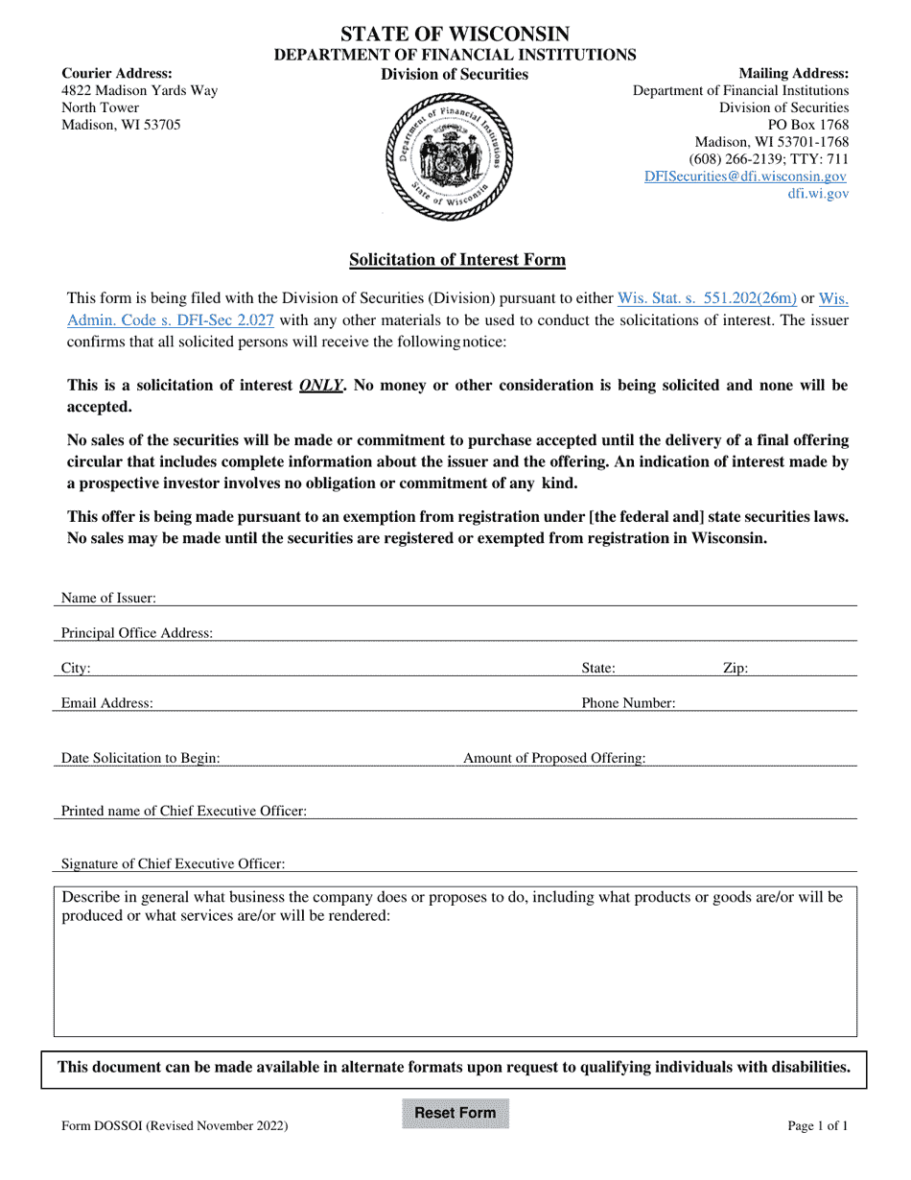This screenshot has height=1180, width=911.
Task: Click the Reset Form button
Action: tap(455, 1114)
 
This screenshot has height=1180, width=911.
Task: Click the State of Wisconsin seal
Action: tap(448, 157)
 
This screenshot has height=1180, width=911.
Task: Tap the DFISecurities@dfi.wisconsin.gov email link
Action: tap(745, 177)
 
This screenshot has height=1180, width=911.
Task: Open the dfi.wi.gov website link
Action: tap(817, 194)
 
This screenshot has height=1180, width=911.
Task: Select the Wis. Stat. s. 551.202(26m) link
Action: tap(707, 298)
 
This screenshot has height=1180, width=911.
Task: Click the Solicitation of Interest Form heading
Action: tap(456, 259)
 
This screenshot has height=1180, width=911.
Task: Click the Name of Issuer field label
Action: tap(108, 599)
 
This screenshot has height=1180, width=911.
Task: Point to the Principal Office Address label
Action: tap(137, 633)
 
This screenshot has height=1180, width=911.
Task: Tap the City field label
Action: tap(76, 669)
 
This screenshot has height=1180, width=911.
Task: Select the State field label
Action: tap(598, 669)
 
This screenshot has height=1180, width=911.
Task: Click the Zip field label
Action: tap(735, 669)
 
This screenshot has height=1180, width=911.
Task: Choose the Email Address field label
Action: tap(106, 703)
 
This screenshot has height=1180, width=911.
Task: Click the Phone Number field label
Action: tap(628, 703)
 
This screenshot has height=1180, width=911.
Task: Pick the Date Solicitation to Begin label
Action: tap(140, 759)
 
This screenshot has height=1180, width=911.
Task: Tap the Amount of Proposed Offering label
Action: tap(554, 759)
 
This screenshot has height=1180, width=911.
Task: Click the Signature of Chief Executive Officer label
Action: tap(173, 864)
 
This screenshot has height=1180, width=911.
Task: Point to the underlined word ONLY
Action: tap(320, 386)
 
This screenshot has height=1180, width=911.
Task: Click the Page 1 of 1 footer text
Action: tap(818, 1126)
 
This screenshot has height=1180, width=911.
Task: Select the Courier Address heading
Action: tap(117, 74)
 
